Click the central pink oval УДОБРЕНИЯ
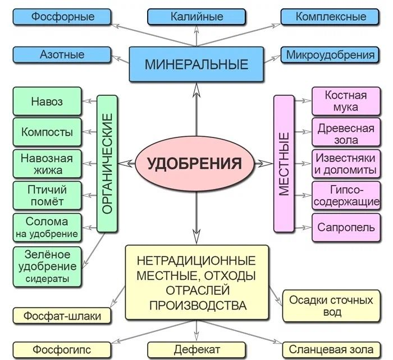click(x=194, y=164)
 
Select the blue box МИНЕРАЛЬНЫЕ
click(x=196, y=64)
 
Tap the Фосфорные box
click(x=62, y=16)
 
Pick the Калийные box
click(x=196, y=16)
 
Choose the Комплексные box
click(x=331, y=16)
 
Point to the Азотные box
click(x=62, y=54)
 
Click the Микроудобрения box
click(x=331, y=54)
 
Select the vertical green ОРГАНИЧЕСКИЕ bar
click(x=108, y=163)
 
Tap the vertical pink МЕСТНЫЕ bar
click(x=284, y=163)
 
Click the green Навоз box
click(x=47, y=102)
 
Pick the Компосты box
click(x=47, y=132)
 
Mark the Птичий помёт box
click(x=47, y=194)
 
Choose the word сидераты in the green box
click(x=47, y=279)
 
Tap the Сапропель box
click(x=343, y=228)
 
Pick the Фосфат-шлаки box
click(x=62, y=316)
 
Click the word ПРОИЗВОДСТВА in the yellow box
click(x=196, y=306)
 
